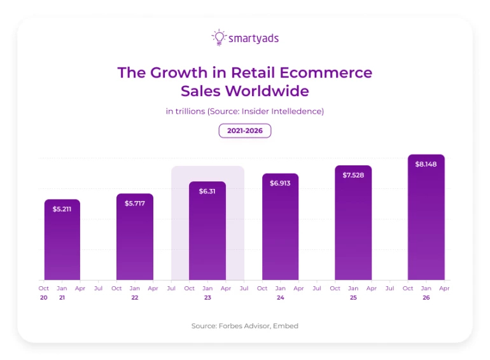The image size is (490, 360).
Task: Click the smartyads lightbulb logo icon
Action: [x=219, y=38]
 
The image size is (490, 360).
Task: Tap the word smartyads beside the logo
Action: [x=253, y=38]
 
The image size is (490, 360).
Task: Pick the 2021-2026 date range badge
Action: [x=245, y=130]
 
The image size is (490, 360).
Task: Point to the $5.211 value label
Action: [x=62, y=208]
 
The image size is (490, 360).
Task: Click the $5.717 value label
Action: [x=134, y=202]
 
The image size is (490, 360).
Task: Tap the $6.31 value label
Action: [x=207, y=191]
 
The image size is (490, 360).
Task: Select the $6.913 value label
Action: [x=280, y=183]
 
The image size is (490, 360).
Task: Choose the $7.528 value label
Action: [x=353, y=174]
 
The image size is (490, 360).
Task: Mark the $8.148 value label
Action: [x=426, y=164]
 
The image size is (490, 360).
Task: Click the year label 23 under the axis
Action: [x=207, y=298]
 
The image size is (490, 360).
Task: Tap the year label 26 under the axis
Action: [x=426, y=298]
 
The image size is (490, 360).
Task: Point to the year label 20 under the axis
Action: [x=43, y=298]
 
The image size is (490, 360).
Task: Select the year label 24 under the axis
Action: [x=281, y=298]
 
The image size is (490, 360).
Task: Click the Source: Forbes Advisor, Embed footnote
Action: [x=245, y=326]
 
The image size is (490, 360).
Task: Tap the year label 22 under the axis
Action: [x=135, y=298]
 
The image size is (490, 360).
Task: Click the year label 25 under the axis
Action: [x=353, y=298]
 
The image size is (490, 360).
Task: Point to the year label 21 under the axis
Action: [x=62, y=298]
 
